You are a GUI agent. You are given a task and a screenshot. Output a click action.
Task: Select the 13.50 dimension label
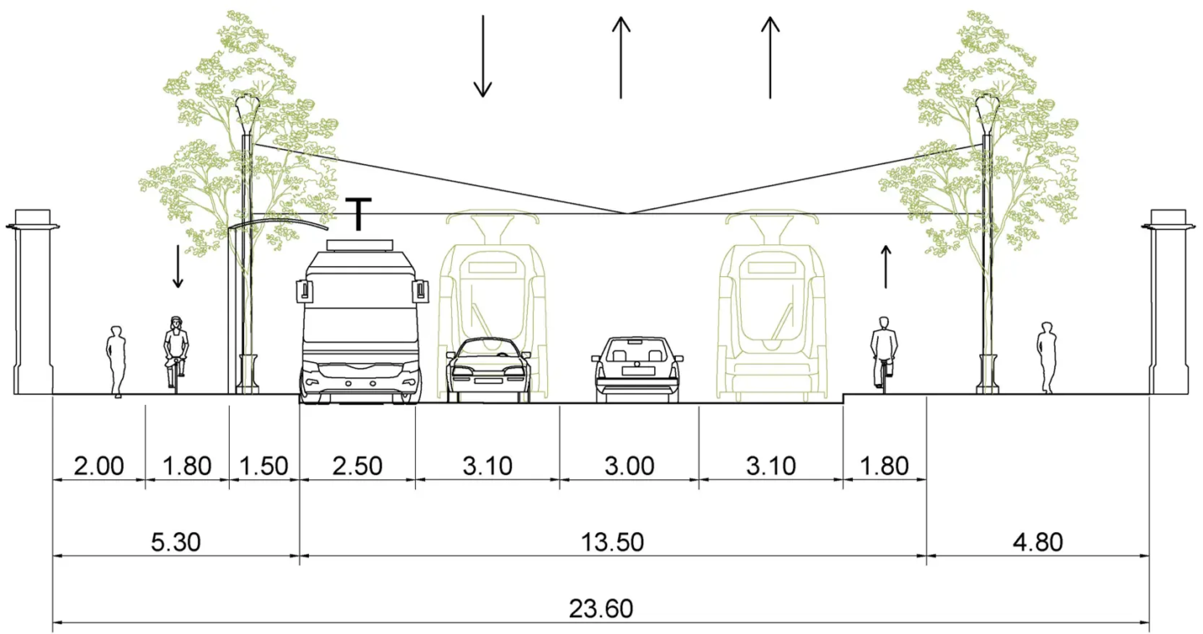tap(613, 542)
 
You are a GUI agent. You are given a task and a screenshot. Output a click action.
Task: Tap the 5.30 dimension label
tap(176, 542)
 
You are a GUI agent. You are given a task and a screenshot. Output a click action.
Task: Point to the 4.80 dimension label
tap(1038, 542)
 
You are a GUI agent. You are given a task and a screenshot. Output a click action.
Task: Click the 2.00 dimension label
tap(99, 465)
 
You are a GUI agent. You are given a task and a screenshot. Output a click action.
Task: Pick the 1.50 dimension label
tap(264, 465)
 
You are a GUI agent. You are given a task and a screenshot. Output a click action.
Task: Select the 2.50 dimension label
tap(358, 465)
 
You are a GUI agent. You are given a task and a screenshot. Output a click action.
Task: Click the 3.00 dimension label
tap(629, 465)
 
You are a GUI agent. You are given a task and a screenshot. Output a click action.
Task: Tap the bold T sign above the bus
tap(358, 213)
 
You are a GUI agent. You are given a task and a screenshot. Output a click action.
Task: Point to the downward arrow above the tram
tap(482, 55)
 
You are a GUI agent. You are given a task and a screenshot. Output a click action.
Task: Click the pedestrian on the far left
tap(115, 360)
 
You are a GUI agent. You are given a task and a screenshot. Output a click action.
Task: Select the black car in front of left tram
tap(489, 370)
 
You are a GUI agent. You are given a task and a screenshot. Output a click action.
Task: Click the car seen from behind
tap(637, 369)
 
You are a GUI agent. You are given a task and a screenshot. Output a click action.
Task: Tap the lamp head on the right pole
tap(987, 107)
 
